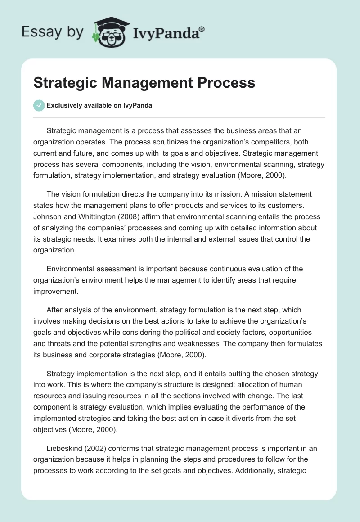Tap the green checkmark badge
click(x=39, y=105)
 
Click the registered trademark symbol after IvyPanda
click(x=202, y=29)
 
